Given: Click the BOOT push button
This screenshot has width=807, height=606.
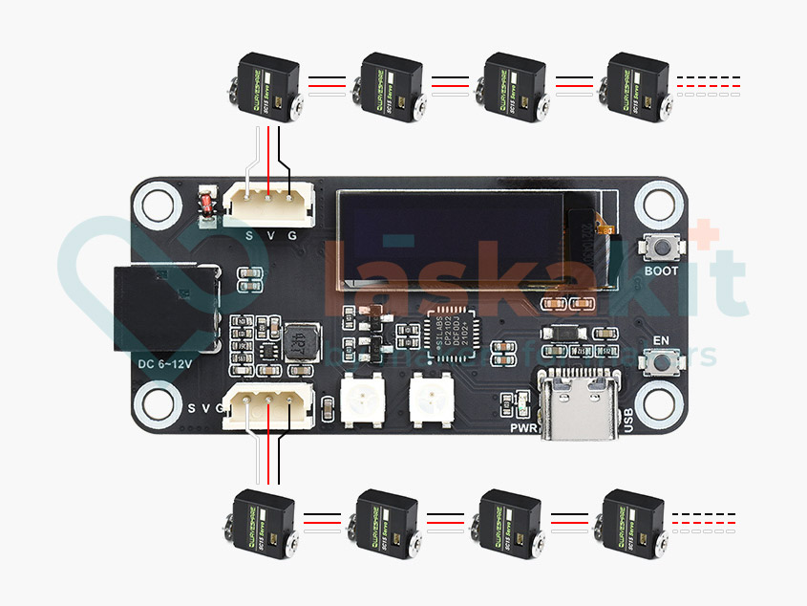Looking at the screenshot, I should coord(660,248).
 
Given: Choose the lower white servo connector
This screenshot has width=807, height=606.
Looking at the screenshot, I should coord(270,408).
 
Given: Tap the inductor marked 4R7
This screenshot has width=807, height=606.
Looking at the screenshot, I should coord(301,341).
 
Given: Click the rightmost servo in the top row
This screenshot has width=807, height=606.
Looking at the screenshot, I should coord(637,87).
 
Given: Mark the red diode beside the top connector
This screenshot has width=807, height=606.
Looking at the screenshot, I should coord(204,204).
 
